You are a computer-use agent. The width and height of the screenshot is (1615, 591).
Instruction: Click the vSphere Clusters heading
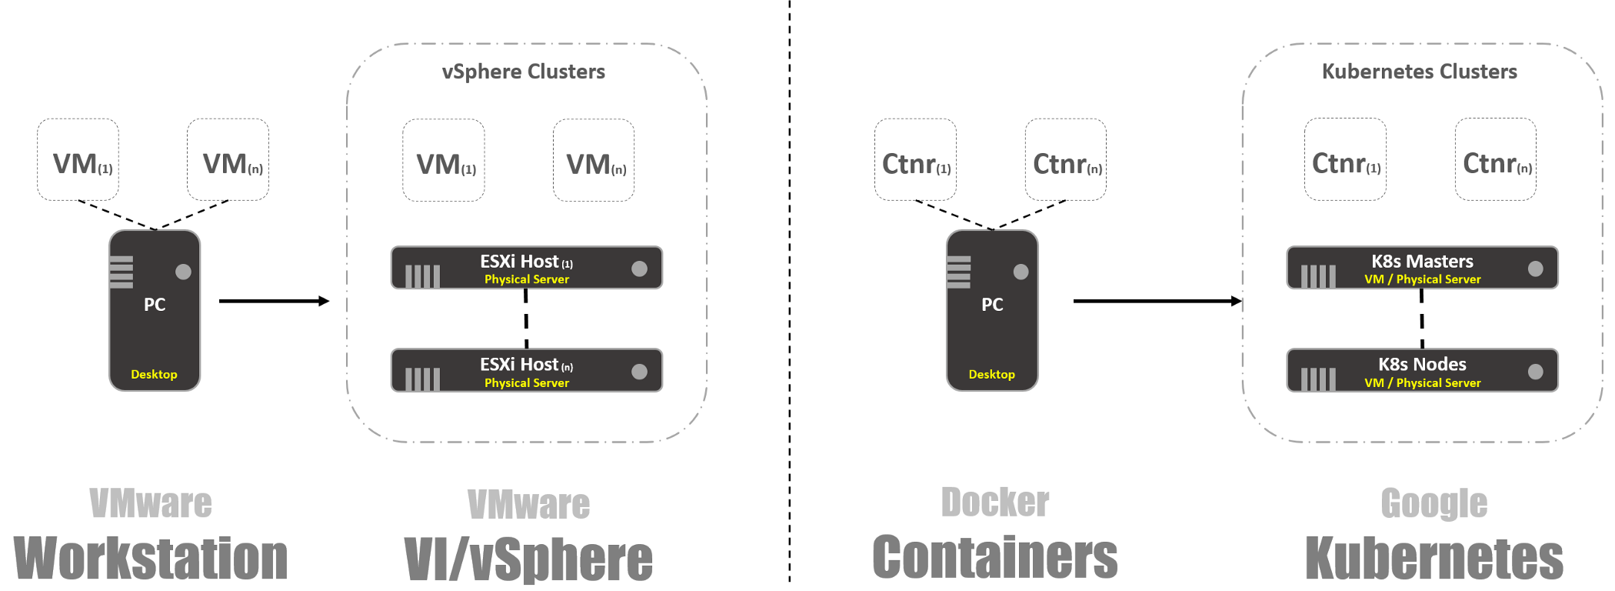[523, 72]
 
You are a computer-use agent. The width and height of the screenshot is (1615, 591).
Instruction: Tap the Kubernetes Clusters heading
[1419, 72]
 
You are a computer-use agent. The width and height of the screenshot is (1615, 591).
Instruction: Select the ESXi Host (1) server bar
[526, 268]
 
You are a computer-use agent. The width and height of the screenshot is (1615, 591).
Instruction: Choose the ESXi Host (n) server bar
[526, 371]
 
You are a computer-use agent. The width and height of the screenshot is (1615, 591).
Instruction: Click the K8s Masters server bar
[1422, 268]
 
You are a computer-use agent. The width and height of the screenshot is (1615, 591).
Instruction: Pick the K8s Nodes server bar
[1422, 371]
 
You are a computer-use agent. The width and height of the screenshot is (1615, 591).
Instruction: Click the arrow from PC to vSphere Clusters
[273, 301]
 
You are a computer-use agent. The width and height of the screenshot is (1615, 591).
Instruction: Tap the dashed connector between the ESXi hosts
[526, 319]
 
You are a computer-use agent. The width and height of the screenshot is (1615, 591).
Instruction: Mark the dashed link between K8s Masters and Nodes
[1422, 319]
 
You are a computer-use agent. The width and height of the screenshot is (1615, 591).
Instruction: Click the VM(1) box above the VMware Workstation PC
[78, 160]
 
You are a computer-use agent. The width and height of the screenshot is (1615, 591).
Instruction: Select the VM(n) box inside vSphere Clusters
[594, 161]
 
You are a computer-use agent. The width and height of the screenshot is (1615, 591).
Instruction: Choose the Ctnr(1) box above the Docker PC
[915, 160]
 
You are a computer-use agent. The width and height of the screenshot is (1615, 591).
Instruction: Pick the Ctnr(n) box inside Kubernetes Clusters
[1495, 160]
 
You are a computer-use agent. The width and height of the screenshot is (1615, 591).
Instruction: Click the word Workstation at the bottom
[151, 559]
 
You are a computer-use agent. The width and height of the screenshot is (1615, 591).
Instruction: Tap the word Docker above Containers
[994, 503]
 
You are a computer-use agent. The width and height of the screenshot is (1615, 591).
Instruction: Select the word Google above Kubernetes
[1434, 504]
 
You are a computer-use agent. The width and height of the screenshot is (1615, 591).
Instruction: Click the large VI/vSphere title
[528, 559]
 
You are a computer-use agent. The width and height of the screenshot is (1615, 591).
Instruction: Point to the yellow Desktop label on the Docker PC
[991, 374]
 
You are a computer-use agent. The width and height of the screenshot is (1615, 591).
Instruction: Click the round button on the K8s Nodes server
[1535, 372]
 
